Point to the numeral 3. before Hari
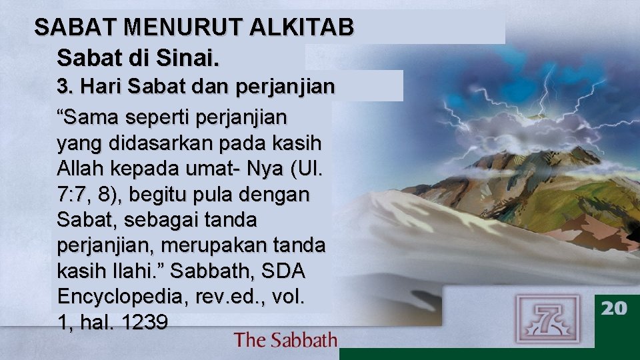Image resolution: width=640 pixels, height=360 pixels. [65, 87]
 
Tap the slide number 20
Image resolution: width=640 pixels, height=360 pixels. [614, 308]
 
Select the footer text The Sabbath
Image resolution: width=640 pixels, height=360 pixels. [285, 340]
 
